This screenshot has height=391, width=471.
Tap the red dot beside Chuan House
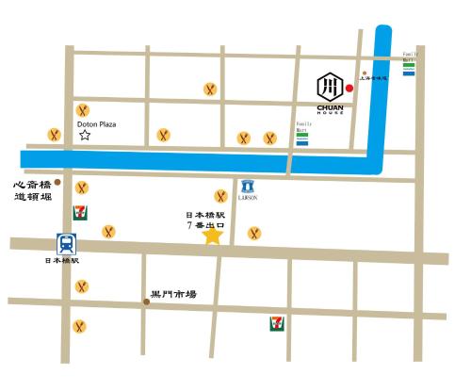349,90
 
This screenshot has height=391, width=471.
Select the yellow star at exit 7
213,236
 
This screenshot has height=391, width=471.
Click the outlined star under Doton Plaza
85,136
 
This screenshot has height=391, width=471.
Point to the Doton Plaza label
96,122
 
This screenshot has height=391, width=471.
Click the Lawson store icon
247,187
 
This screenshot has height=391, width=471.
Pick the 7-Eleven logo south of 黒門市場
273,323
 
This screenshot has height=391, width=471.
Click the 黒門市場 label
174,294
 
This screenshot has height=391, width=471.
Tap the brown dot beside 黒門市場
146,301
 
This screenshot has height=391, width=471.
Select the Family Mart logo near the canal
301,137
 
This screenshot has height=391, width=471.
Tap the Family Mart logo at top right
408,66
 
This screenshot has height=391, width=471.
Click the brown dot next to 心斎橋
58,181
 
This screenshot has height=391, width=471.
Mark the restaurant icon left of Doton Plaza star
55,135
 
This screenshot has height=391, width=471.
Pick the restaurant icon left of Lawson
221,196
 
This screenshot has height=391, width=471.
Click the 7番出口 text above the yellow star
207,226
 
